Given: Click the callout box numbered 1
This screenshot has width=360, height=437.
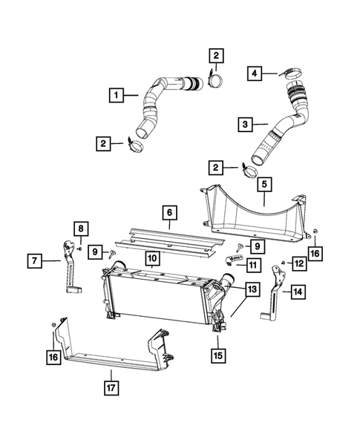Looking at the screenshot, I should coord(115,95).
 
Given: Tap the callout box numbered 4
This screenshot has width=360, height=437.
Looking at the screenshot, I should coord(254,73).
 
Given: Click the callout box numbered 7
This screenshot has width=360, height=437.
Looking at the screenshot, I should coord(35,260).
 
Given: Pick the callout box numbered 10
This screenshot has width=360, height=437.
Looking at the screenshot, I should coord(151,259).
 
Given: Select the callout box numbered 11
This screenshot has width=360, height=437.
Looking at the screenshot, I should coord(253,265).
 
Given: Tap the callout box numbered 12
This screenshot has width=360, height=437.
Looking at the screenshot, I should coord(299,263).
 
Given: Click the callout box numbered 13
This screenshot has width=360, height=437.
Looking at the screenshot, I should coord(252,288).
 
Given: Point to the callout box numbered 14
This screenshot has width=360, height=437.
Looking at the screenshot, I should coord(297,293).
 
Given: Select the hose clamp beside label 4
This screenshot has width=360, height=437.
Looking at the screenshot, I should coord(288,73).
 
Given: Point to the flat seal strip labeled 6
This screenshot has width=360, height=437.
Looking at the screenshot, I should coord(171,237).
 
